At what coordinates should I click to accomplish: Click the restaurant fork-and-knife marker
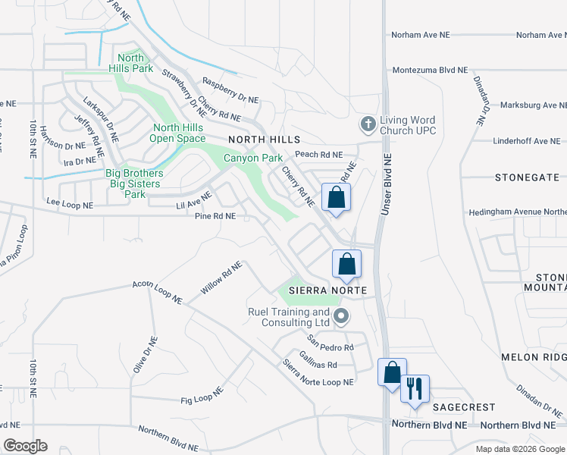pyautogui.click(x=415, y=389)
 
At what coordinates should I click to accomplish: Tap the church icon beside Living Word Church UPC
pyautogui.click(x=368, y=123)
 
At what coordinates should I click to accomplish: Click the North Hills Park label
pyautogui.click(x=130, y=64)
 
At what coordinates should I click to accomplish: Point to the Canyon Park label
pyautogui.click(x=252, y=158)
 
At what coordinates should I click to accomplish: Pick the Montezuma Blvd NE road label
pyautogui.click(x=430, y=71)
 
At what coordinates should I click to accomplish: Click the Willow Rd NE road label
pyautogui.click(x=221, y=279)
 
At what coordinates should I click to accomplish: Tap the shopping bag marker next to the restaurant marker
pyautogui.click(x=392, y=373)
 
